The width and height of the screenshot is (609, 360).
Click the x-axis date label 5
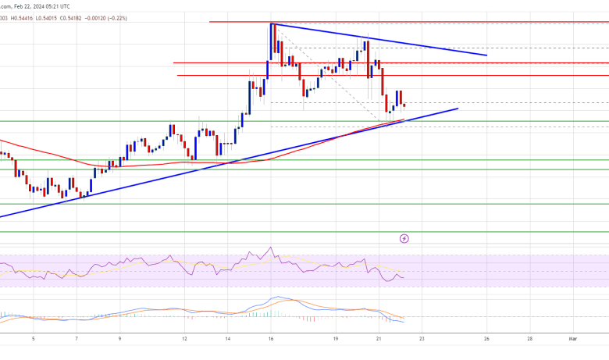tap(33, 339)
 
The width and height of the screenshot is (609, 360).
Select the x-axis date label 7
tap(76, 339)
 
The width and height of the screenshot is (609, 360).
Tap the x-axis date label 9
tap(119, 339)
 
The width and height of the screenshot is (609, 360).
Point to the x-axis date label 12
tap(184, 339)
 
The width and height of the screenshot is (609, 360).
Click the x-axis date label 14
tap(227, 339)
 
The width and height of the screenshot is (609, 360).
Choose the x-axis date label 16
tap(271, 339)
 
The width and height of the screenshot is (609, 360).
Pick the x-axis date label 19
tap(336, 339)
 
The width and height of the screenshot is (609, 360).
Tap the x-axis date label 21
tap(379, 339)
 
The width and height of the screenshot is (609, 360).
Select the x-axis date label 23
tap(422, 339)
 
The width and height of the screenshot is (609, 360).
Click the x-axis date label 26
tap(486, 339)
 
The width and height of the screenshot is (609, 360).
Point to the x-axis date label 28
tap(529, 339)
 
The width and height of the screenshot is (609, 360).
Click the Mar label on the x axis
tap(572, 339)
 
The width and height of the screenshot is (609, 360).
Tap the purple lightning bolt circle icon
tap(404, 237)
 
